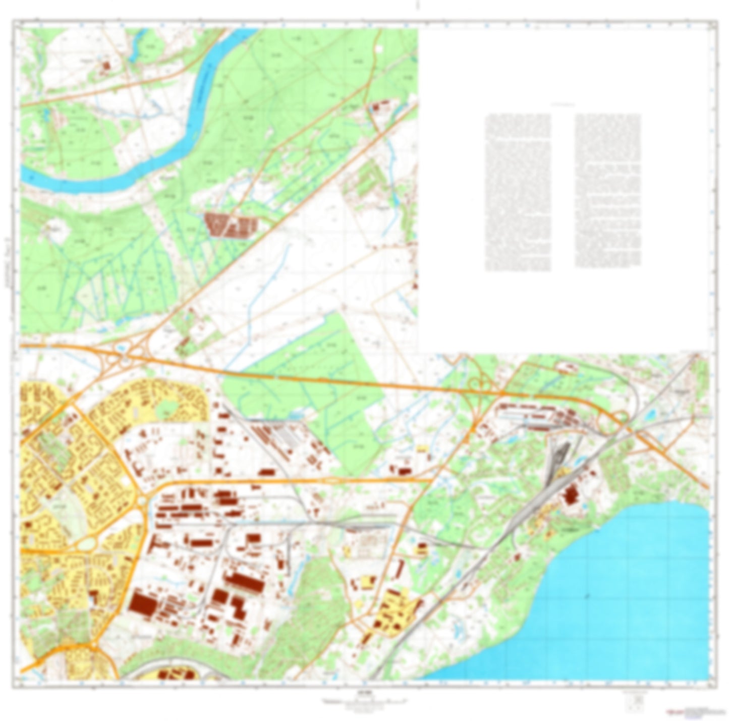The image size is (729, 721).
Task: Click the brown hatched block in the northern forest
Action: [230, 224]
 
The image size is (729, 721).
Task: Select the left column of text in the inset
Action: [518, 192]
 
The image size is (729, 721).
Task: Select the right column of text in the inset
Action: [608, 191]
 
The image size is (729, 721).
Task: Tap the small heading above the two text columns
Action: [563, 104]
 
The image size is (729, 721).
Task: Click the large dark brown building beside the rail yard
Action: [570, 495]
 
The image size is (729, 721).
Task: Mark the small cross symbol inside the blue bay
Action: [587, 596]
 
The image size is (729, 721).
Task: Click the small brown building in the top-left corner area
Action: [106, 66]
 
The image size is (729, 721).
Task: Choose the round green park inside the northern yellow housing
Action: [165, 410]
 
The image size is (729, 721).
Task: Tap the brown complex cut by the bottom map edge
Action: [174, 675]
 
